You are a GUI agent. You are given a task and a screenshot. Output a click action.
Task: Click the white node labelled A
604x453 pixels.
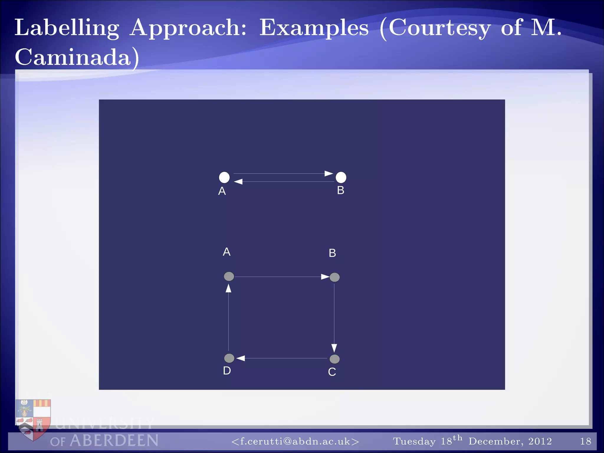click(224, 177)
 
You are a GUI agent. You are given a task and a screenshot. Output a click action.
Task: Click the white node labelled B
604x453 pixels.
click(341, 177)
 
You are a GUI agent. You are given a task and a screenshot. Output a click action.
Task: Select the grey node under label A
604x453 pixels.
click(229, 276)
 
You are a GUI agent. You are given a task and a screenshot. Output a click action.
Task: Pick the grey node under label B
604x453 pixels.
click(334, 277)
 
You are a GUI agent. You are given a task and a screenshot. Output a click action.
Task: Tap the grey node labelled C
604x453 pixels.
click(334, 359)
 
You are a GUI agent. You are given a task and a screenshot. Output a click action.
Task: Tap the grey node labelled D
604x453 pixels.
click(229, 358)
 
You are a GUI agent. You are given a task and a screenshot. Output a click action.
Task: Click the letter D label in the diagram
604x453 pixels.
click(227, 371)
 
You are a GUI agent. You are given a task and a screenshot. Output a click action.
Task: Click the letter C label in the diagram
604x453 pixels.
click(332, 372)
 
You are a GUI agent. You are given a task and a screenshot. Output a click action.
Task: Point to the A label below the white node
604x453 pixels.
click(222, 191)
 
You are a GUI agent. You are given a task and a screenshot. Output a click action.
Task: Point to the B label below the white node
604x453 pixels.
click(341, 190)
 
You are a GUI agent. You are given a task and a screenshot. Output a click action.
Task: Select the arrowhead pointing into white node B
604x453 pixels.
click(329, 173)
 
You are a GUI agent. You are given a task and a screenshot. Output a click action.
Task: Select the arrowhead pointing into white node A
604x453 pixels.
click(238, 182)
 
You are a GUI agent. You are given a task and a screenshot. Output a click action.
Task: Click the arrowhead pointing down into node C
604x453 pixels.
click(334, 348)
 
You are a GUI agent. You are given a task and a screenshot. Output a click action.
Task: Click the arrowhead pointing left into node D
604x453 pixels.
click(241, 358)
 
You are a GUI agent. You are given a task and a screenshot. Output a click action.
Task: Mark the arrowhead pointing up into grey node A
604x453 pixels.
click(229, 288)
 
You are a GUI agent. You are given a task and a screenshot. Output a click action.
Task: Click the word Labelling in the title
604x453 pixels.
click(67, 28)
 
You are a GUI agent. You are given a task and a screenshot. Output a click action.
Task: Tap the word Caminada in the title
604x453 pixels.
click(73, 57)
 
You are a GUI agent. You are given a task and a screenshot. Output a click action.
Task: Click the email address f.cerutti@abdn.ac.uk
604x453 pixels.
click(295, 441)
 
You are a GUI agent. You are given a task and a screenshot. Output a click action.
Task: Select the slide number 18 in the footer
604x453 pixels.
click(585, 441)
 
